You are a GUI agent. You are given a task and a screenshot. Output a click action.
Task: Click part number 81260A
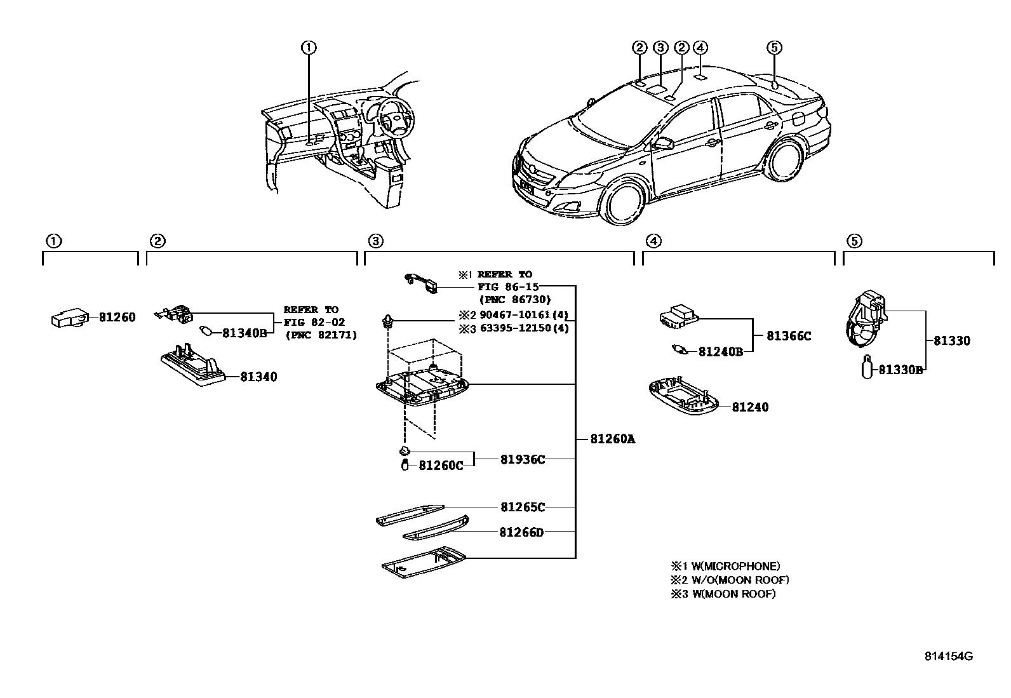(612, 439)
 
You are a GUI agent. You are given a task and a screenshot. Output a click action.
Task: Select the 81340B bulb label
(244, 332)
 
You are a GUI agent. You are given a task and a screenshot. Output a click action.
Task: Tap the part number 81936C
(522, 459)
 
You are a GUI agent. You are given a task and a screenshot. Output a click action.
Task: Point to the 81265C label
(522, 507)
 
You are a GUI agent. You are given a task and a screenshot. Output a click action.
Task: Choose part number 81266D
(521, 532)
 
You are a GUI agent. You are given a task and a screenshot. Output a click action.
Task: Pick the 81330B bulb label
(900, 370)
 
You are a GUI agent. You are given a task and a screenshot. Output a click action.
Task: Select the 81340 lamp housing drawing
(193, 365)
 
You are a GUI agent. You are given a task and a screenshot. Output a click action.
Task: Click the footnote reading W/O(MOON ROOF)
(730, 580)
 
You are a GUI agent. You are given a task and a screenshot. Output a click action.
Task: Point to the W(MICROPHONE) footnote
(726, 566)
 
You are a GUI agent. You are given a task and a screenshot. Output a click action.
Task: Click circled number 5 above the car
(774, 47)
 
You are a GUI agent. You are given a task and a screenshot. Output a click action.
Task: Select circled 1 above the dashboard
(309, 47)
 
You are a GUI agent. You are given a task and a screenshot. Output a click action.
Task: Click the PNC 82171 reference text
(321, 335)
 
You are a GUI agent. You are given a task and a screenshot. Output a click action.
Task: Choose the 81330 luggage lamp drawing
(866, 321)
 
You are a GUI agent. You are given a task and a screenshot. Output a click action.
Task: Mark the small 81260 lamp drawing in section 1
(67, 318)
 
